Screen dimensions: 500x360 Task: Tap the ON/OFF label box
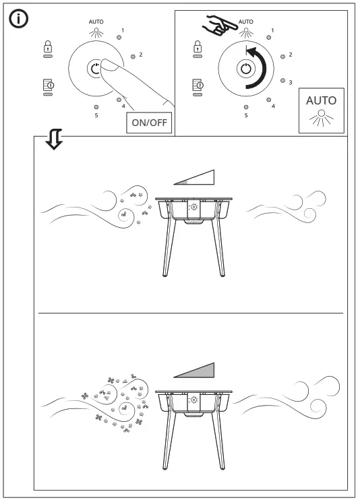[149, 123]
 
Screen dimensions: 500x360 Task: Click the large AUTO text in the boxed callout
[321, 100]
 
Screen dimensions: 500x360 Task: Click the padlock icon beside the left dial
[48, 46]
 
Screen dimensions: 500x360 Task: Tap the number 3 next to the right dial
[291, 82]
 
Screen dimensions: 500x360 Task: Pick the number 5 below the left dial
[96, 115]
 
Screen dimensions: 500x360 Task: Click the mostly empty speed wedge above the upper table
[194, 177]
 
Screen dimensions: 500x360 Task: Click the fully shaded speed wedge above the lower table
[194, 371]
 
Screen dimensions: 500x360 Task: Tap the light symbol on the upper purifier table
[193, 206]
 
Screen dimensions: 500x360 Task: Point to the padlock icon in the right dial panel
[198, 46]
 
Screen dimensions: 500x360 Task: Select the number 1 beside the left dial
[122, 30]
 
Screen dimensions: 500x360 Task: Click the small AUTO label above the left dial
[96, 22]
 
